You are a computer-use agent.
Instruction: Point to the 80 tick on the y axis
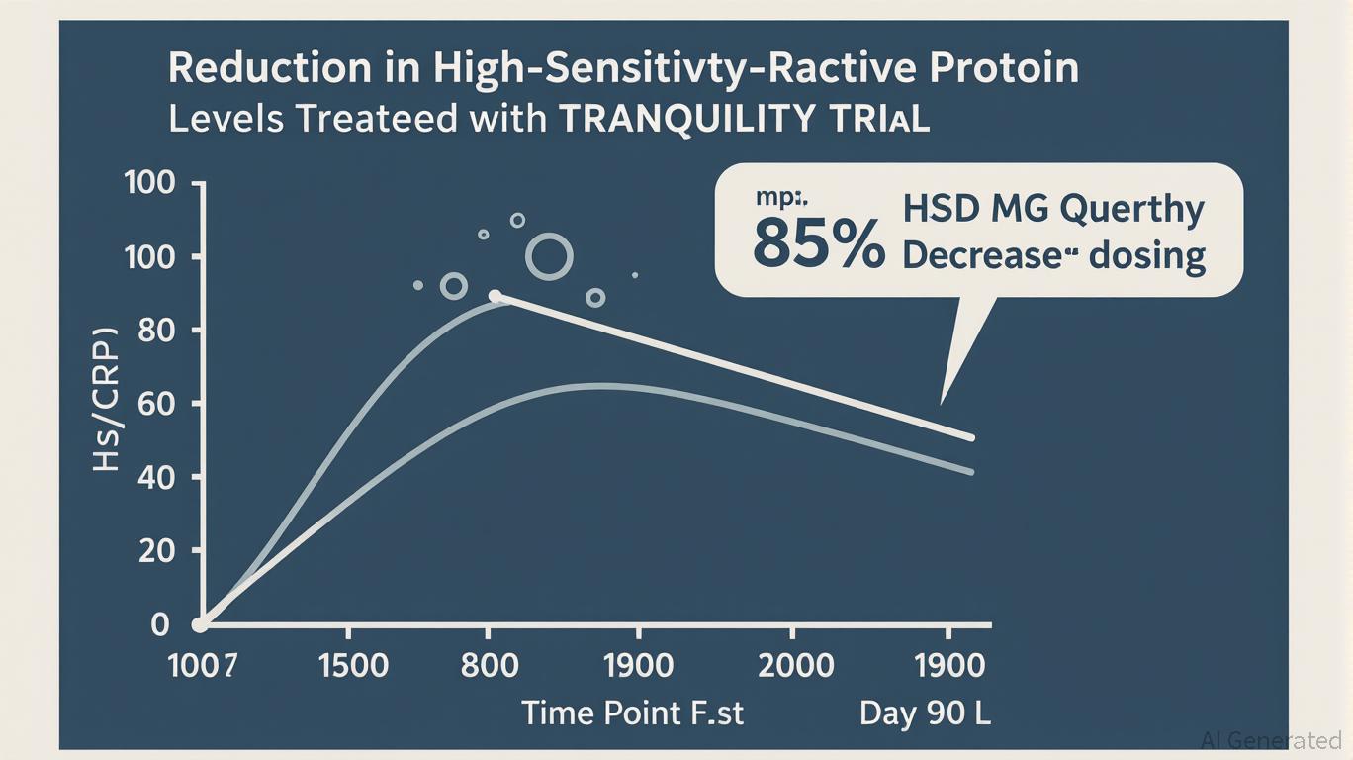tap(154, 331)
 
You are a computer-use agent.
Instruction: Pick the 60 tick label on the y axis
tap(154, 404)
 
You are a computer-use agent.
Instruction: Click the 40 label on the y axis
tap(154, 477)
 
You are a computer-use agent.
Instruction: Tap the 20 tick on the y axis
tap(154, 550)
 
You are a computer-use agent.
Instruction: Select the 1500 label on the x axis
tap(353, 665)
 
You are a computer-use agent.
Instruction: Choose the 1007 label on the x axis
tap(203, 665)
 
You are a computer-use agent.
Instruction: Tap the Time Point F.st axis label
tap(632, 712)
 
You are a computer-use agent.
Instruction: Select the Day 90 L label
tap(925, 712)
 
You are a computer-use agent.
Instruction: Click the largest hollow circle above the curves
tap(549, 257)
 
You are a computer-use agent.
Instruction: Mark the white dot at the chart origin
tap(200, 624)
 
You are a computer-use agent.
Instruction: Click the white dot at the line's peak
tap(496, 296)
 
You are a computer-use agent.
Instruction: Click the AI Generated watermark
tap(1270, 739)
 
